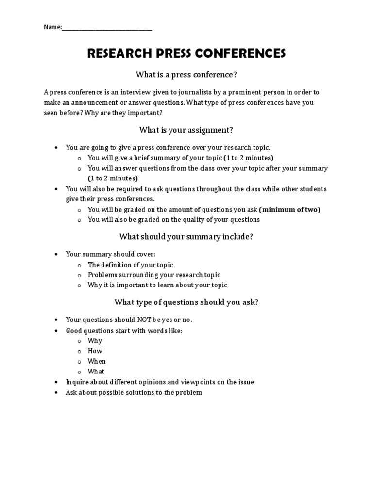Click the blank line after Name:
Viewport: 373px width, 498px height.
point(107,28)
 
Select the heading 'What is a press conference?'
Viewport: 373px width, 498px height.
point(186,75)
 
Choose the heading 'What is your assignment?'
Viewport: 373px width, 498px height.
point(186,130)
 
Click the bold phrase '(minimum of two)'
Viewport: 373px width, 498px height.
point(289,209)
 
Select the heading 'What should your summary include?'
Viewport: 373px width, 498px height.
point(186,237)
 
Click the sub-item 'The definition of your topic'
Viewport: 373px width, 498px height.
point(130,265)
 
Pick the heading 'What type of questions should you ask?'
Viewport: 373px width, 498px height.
point(186,302)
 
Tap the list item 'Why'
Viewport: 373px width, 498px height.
point(95,340)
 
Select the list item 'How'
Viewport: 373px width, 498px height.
point(95,351)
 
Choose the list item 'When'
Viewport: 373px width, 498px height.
point(96,361)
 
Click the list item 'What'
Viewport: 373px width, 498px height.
point(96,372)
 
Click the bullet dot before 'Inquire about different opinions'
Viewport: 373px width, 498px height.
point(57,382)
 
